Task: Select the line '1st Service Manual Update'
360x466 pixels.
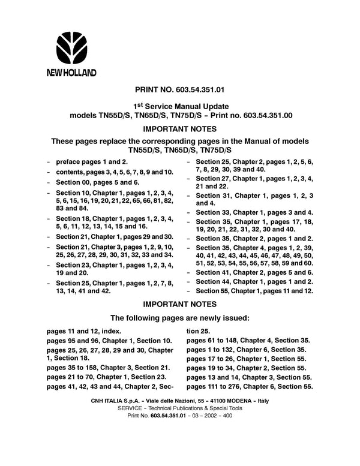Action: coord(179,106)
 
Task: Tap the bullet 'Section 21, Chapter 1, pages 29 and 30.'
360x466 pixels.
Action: coord(113,237)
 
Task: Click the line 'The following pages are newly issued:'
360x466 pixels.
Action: coord(179,317)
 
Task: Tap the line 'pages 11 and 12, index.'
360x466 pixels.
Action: coord(83,331)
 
